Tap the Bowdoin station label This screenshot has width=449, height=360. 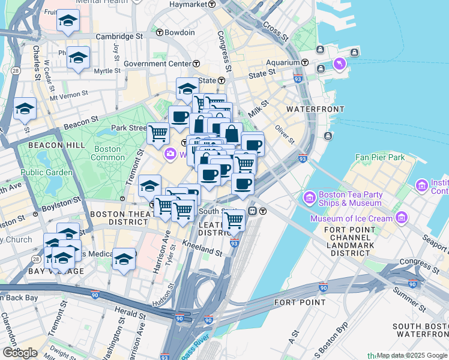179,32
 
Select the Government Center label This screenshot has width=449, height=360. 157,64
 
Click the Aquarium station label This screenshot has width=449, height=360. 283,62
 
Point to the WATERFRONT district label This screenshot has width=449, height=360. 315,109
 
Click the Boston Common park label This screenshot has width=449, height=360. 107,153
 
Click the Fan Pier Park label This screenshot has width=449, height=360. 379,157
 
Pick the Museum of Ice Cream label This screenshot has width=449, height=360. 351,218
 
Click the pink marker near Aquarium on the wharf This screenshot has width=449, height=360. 340,63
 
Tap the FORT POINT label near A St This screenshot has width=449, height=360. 300,302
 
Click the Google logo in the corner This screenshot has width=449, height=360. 20,353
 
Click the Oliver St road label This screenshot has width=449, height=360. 285,134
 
